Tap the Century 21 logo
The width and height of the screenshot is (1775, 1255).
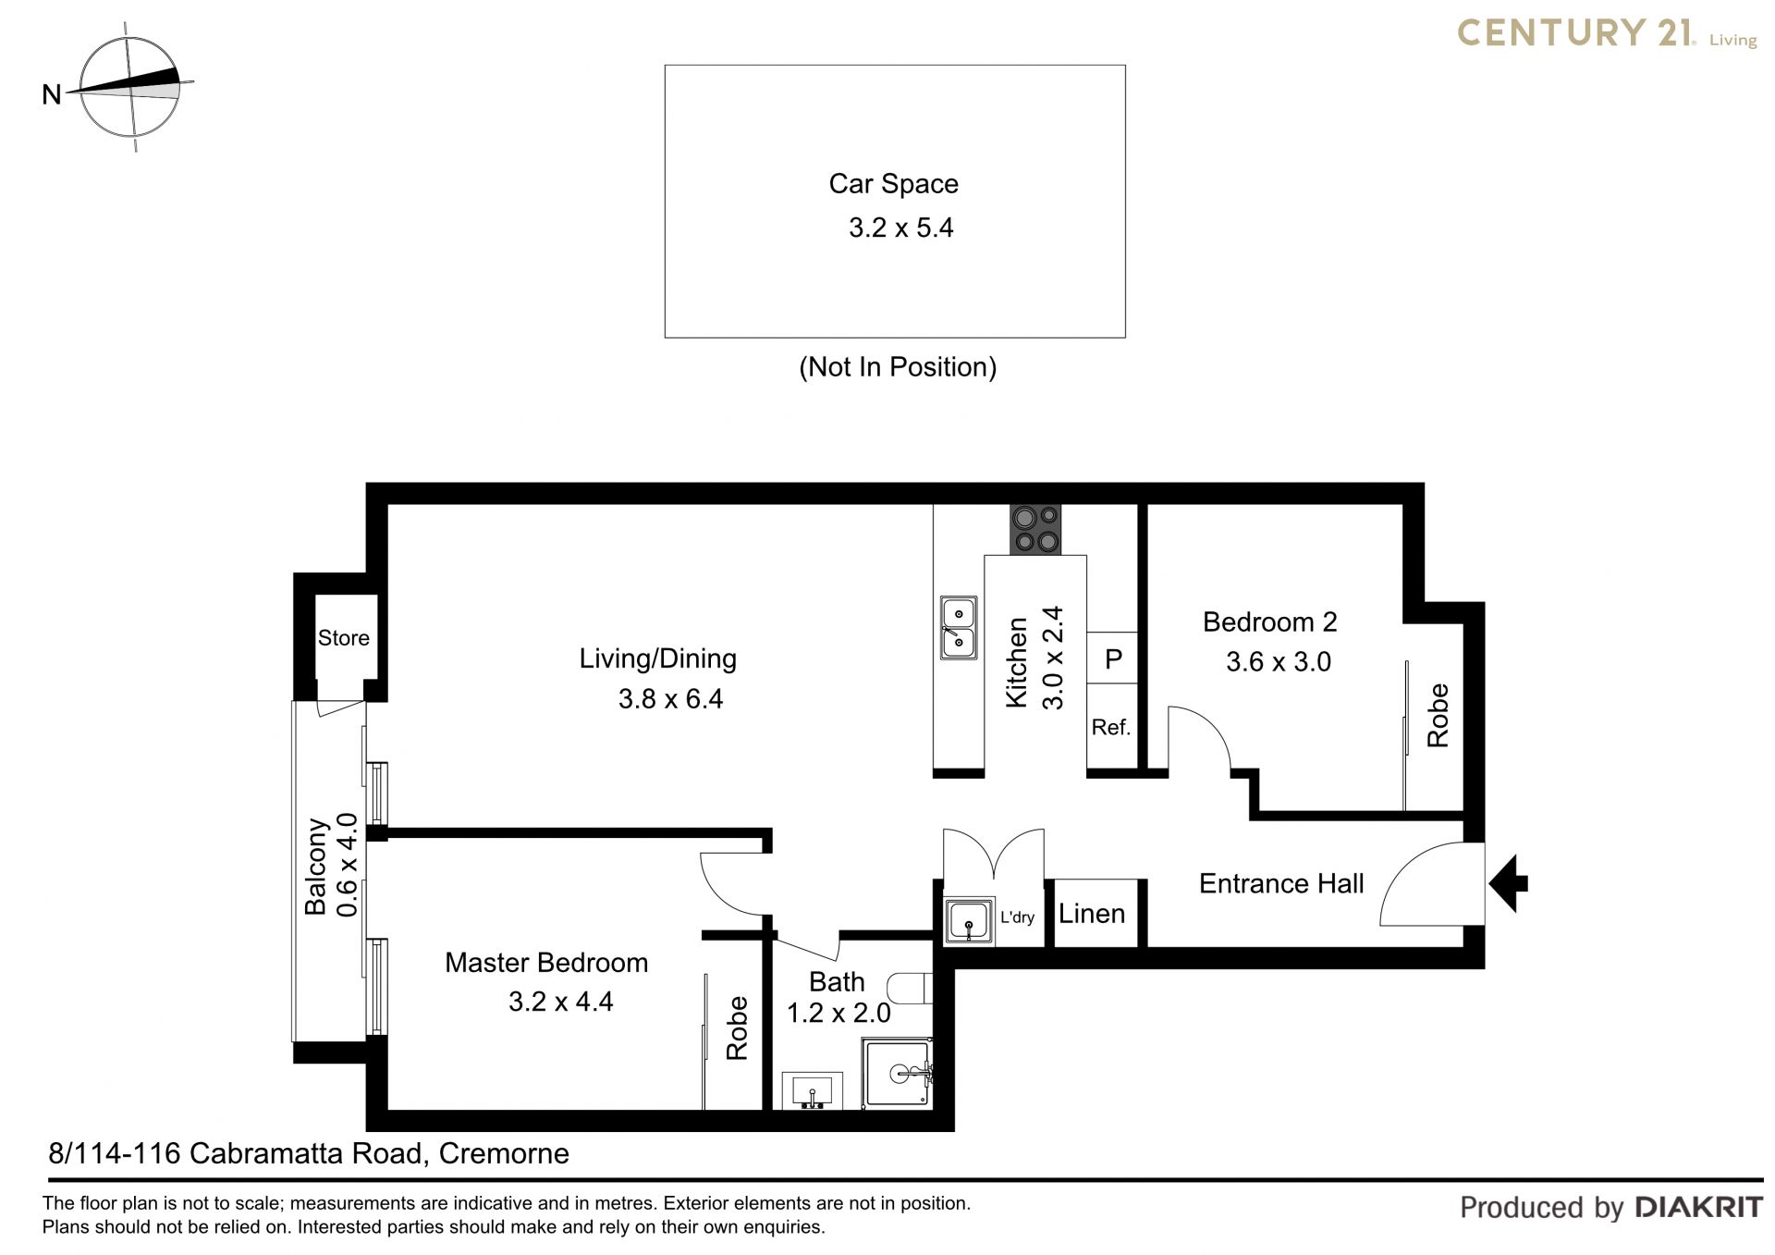(1607, 34)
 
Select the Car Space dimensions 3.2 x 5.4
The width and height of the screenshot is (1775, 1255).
(900, 228)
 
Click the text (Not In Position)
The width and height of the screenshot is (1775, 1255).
(898, 367)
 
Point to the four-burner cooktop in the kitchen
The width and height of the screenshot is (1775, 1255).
(1034, 530)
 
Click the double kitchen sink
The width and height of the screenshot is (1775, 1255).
(958, 628)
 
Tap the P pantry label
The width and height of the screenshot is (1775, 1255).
(1113, 659)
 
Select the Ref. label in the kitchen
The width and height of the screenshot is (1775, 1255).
(1110, 728)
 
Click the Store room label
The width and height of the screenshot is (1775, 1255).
(343, 638)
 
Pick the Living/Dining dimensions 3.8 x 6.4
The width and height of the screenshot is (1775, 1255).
(670, 699)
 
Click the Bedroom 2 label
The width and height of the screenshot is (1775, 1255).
(1269, 622)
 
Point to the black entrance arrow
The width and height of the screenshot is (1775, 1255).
(1508, 884)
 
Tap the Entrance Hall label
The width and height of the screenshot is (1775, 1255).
(1280, 884)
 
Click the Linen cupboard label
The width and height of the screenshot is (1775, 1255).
(1092, 914)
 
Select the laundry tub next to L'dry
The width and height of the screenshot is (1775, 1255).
(969, 921)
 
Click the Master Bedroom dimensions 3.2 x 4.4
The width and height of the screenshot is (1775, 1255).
(560, 1002)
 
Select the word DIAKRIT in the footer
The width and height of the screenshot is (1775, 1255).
(1698, 1207)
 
